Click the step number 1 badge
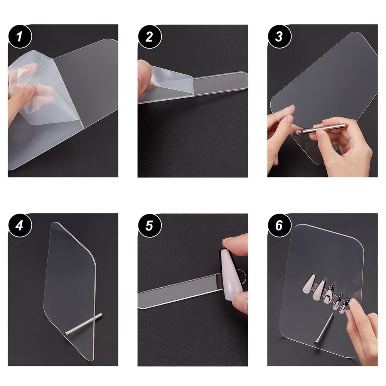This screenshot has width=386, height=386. (x=20, y=37)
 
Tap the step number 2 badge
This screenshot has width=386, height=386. (x=150, y=37)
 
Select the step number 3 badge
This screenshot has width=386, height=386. (x=279, y=37)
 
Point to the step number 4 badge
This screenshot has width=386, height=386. (x=20, y=225)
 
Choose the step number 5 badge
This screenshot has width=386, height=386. (x=150, y=225)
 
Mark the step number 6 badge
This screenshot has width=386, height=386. (x=279, y=225)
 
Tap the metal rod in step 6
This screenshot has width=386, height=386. (x=324, y=329)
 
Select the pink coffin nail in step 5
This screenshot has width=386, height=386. (x=230, y=274)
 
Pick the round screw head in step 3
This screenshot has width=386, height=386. (x=298, y=132)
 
